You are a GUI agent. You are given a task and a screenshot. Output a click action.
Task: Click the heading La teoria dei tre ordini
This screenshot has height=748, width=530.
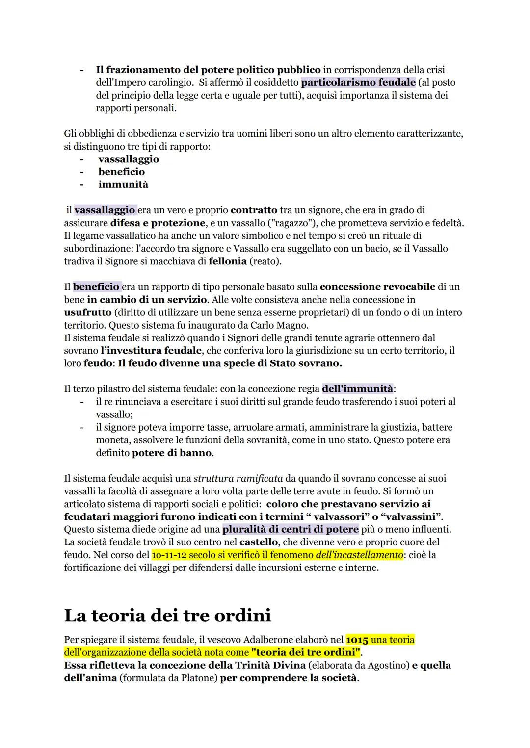167,615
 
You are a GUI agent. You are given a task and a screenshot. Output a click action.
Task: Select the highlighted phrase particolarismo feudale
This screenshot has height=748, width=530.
358,82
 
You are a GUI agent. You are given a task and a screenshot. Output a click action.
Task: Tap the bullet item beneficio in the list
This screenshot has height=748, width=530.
121,172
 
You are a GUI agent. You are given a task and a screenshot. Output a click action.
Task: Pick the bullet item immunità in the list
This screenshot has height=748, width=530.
123,184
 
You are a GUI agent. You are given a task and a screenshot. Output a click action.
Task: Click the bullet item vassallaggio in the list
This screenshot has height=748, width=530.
129,159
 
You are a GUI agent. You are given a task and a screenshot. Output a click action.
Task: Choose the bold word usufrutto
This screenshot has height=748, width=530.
87,312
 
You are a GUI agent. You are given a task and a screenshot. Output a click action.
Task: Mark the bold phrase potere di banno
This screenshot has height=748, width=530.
172,453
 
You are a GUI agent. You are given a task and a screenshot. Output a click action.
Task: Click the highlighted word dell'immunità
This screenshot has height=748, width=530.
358,389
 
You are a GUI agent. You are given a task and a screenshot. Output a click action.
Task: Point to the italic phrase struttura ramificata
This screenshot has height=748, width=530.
238,478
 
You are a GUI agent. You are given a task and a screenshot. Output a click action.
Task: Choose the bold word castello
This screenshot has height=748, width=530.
259,542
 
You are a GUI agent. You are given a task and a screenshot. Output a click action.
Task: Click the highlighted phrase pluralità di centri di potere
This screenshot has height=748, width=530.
291,529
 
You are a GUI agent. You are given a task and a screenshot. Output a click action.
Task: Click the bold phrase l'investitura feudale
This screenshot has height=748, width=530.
151,351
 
